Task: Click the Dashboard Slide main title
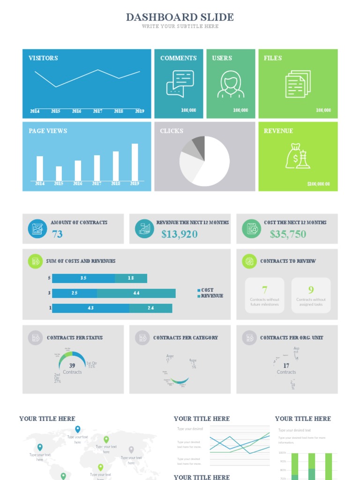click(180, 17)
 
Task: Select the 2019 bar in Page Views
click(135, 162)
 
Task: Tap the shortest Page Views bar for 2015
click(59, 173)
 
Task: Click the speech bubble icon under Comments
click(180, 83)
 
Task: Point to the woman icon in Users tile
click(231, 84)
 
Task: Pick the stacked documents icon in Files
click(298, 84)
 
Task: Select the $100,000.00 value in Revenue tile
click(318, 184)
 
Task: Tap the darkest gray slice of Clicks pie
click(199, 142)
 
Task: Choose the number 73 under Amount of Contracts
click(57, 234)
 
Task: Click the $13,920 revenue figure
click(180, 234)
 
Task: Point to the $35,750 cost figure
click(288, 234)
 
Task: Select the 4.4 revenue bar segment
click(136, 293)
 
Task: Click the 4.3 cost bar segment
click(90, 308)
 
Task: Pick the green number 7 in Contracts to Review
click(264, 290)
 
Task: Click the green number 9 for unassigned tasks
click(311, 290)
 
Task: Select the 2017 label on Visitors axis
click(97, 111)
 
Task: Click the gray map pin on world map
click(131, 450)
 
